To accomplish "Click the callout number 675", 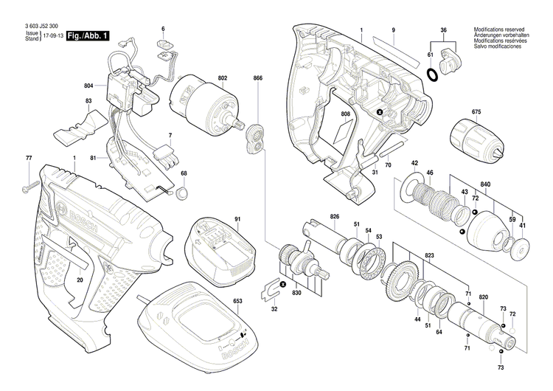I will (476, 113).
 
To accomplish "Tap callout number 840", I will (506, 184).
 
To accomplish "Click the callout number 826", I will (335, 216).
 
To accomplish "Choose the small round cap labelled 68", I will (181, 194).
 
